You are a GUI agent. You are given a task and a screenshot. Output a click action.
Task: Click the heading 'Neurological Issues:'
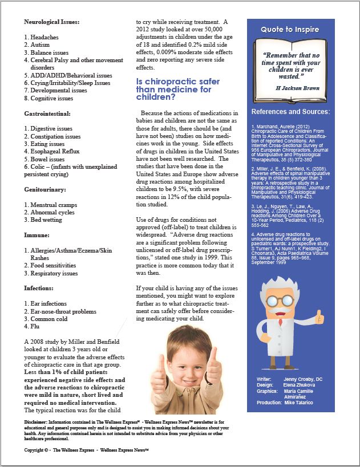[x=52, y=22]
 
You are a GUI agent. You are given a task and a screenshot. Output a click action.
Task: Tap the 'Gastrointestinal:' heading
[x=50, y=114]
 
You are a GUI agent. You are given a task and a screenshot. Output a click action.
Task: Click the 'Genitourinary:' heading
[x=46, y=189]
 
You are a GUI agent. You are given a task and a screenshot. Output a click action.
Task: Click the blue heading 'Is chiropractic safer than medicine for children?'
[x=174, y=90]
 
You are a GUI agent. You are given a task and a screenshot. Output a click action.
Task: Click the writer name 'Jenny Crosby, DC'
[x=306, y=378]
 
